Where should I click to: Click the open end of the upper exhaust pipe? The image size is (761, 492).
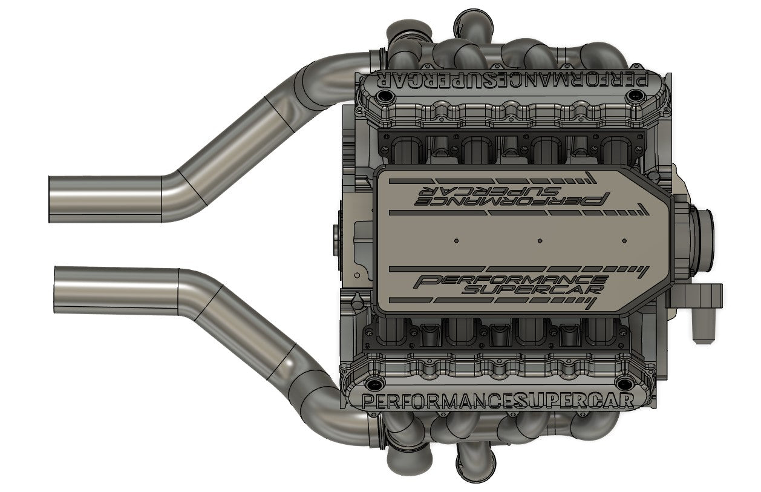coord(51,199)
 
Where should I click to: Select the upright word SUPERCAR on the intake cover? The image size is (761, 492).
coord(532,290)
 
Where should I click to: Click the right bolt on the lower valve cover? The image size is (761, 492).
coord(627,384)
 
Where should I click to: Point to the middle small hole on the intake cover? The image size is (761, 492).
coord(540,241)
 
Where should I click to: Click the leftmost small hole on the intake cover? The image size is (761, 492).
coord(456,241)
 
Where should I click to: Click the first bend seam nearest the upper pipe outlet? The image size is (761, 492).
coord(162,199)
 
